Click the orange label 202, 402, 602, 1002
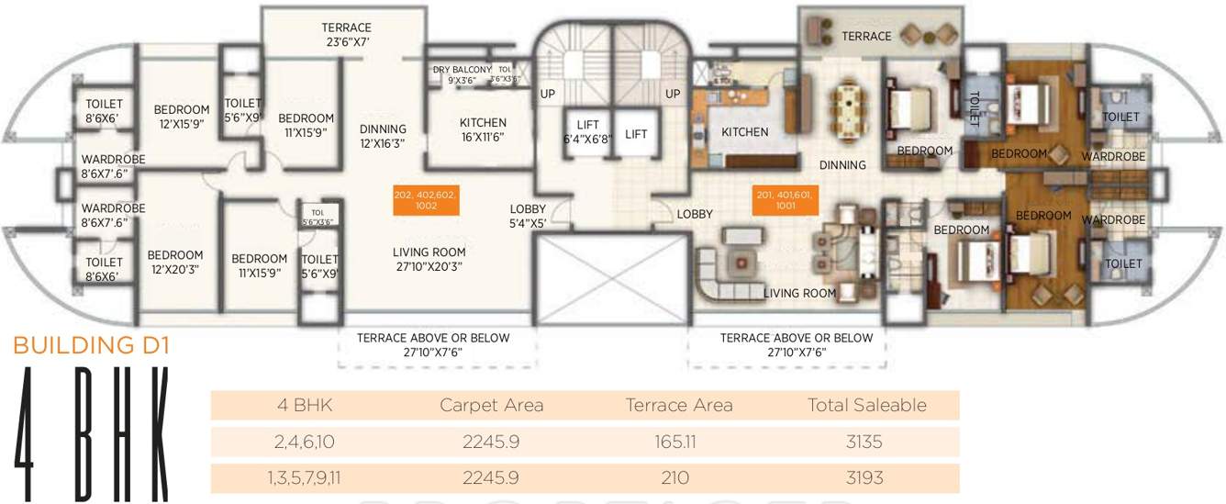(425, 201)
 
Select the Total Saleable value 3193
(864, 478)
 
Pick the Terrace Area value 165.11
(678, 442)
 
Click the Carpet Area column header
(492, 405)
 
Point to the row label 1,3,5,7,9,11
(304, 478)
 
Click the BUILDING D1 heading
(91, 346)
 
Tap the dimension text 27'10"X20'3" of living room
(429, 267)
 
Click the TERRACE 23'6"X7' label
(346, 35)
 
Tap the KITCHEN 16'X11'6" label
(483, 129)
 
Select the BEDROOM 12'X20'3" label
(174, 262)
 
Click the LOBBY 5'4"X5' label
(529, 215)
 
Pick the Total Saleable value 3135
(864, 442)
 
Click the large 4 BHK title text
(91, 432)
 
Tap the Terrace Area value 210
(678, 478)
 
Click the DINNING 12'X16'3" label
(383, 136)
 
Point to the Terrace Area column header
(678, 405)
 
